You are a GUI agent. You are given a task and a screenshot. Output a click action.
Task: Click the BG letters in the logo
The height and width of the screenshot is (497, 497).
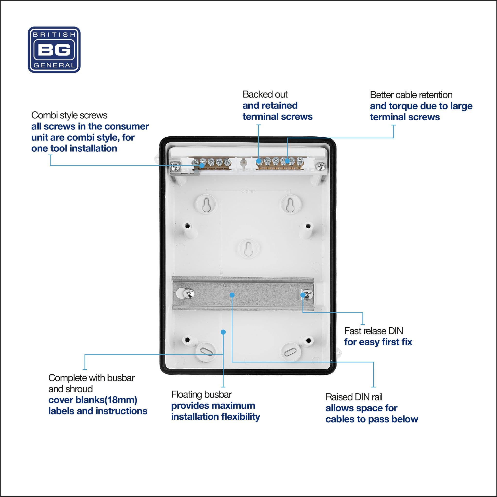tap(54, 50)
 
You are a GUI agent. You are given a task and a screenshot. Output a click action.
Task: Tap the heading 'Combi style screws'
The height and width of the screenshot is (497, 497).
tap(69, 115)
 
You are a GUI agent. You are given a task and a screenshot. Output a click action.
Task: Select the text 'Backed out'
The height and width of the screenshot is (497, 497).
tap(265, 94)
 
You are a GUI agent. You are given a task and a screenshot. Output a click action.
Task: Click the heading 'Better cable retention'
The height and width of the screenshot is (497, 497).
tap(411, 95)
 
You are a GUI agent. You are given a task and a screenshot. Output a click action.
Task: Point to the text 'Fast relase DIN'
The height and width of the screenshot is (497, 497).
tap(373, 331)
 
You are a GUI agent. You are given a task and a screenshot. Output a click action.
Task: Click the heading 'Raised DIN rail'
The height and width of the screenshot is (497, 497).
tap(354, 397)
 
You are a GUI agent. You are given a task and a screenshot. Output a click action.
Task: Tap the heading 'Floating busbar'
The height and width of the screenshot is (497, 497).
tap(201, 395)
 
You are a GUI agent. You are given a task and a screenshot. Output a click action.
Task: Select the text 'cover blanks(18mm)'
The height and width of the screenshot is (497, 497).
tap(93, 400)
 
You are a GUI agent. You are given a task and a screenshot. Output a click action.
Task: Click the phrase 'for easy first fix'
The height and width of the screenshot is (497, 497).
tap(378, 342)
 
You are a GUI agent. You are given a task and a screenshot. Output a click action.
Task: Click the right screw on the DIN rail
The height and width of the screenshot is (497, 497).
tap(308, 294)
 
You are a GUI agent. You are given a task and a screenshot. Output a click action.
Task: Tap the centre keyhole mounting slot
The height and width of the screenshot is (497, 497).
tap(248, 249)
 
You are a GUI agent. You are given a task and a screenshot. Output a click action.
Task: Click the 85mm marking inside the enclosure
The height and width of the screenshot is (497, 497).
tap(248, 191)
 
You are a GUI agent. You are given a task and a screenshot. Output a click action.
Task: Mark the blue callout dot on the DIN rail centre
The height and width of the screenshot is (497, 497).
tap(232, 295)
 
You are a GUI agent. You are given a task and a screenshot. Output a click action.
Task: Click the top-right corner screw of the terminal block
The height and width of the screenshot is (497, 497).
tap(320, 167)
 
